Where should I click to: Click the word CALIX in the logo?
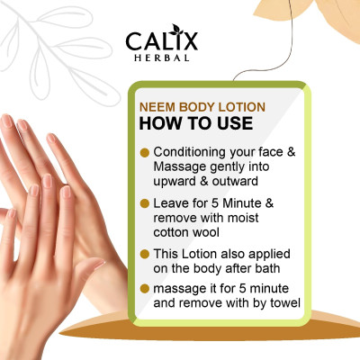click(x=162, y=40)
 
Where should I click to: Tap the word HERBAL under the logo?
click(x=162, y=58)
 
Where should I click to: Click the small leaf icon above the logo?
click(x=175, y=30)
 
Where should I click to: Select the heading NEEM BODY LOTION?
click(x=202, y=107)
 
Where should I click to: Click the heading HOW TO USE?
click(x=196, y=123)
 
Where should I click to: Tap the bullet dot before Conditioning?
click(x=145, y=153)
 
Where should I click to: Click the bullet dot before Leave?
click(x=145, y=203)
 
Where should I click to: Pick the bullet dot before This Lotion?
click(x=145, y=254)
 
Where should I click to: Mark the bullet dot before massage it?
click(x=145, y=289)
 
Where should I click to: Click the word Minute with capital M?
click(x=242, y=203)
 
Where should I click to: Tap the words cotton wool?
click(x=186, y=232)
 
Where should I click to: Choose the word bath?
click(x=267, y=268)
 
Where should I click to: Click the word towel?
click(x=285, y=302)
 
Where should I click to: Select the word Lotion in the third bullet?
click(x=199, y=254)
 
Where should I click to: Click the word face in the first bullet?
click(x=271, y=152)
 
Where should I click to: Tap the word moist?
click(x=243, y=218)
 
